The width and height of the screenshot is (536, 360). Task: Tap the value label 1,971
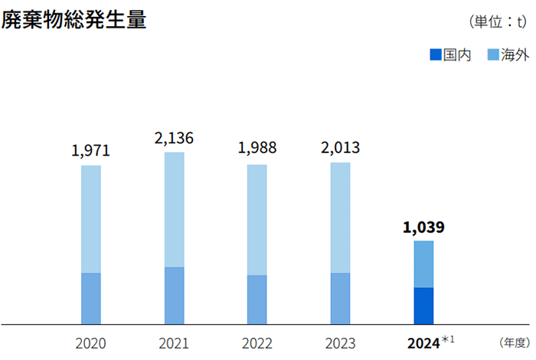(90, 150)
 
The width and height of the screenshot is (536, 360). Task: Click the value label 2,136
(174, 138)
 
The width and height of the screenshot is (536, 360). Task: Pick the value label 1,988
(257, 148)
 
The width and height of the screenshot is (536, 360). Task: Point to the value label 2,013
(340, 147)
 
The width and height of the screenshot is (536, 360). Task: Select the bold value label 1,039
(423, 227)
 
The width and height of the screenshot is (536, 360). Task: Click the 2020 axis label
(90, 343)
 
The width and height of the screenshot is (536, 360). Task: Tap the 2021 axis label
(174, 343)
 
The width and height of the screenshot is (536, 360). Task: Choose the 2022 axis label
(257, 343)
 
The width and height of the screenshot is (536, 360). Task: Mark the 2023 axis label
(340, 343)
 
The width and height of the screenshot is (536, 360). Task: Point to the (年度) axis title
(513, 342)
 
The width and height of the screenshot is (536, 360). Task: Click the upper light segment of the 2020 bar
(90, 219)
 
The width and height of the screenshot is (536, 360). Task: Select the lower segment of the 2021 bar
(174, 296)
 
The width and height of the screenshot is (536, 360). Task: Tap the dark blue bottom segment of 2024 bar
(423, 306)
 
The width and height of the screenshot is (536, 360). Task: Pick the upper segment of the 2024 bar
(423, 264)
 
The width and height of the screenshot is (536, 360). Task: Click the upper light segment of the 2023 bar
(340, 218)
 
